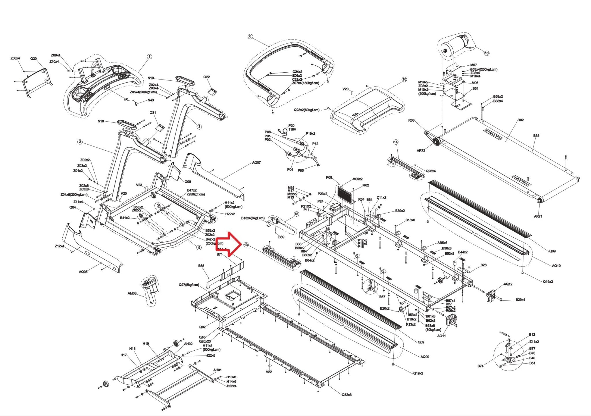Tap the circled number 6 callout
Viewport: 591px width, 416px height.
(250, 37)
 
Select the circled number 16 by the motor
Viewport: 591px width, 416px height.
(487, 53)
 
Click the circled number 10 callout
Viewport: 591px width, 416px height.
(404, 79)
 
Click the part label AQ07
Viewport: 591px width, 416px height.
(256, 162)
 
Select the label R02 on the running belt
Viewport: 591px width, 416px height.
(520, 120)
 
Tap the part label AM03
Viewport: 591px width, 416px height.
(132, 293)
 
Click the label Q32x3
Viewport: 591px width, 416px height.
(346, 394)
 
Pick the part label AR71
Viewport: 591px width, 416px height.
(538, 216)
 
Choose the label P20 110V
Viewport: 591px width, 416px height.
(292, 128)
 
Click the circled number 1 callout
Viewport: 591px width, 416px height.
(149, 57)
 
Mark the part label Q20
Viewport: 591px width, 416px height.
(33, 58)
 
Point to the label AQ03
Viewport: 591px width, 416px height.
(83, 272)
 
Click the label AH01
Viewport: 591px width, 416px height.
(217, 370)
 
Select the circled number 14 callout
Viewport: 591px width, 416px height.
(396, 142)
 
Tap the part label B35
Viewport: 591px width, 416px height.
(536, 135)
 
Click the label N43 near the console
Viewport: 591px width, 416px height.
(150, 100)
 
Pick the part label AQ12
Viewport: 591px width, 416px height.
(508, 284)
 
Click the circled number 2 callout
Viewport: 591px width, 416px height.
(80, 142)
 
